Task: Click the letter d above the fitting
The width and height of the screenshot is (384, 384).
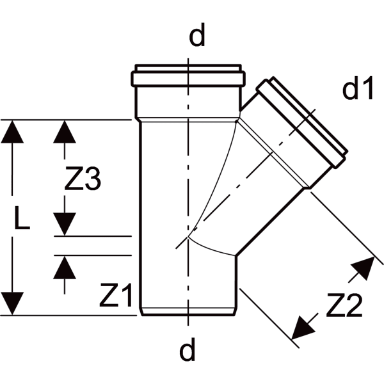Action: pos(197,35)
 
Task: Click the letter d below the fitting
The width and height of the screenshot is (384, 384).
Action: pos(188,349)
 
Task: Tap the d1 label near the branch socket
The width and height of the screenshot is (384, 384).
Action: pos(358,88)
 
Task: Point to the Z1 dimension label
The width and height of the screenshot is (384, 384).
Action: pos(116,295)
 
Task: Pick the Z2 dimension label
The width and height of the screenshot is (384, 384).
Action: pos(344,305)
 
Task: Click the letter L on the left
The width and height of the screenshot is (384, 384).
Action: pos(22,218)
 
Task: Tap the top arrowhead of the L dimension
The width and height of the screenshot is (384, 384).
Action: pos(12,132)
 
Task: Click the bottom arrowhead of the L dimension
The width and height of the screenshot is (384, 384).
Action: pos(12,303)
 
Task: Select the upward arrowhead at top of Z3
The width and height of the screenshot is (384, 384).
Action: pos(65,132)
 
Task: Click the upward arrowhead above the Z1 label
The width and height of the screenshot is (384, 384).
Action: pos(65,267)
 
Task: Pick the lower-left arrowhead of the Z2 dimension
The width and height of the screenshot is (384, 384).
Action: pos(303,328)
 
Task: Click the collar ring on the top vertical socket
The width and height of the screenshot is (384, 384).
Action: pos(188,79)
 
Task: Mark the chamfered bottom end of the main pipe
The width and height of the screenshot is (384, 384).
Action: pos(188,311)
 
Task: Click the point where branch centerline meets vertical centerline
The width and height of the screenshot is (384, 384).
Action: pos(188,237)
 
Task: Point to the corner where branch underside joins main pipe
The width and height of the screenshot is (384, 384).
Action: pos(236,256)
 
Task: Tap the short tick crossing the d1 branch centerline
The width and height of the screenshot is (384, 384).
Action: pos(303,122)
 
